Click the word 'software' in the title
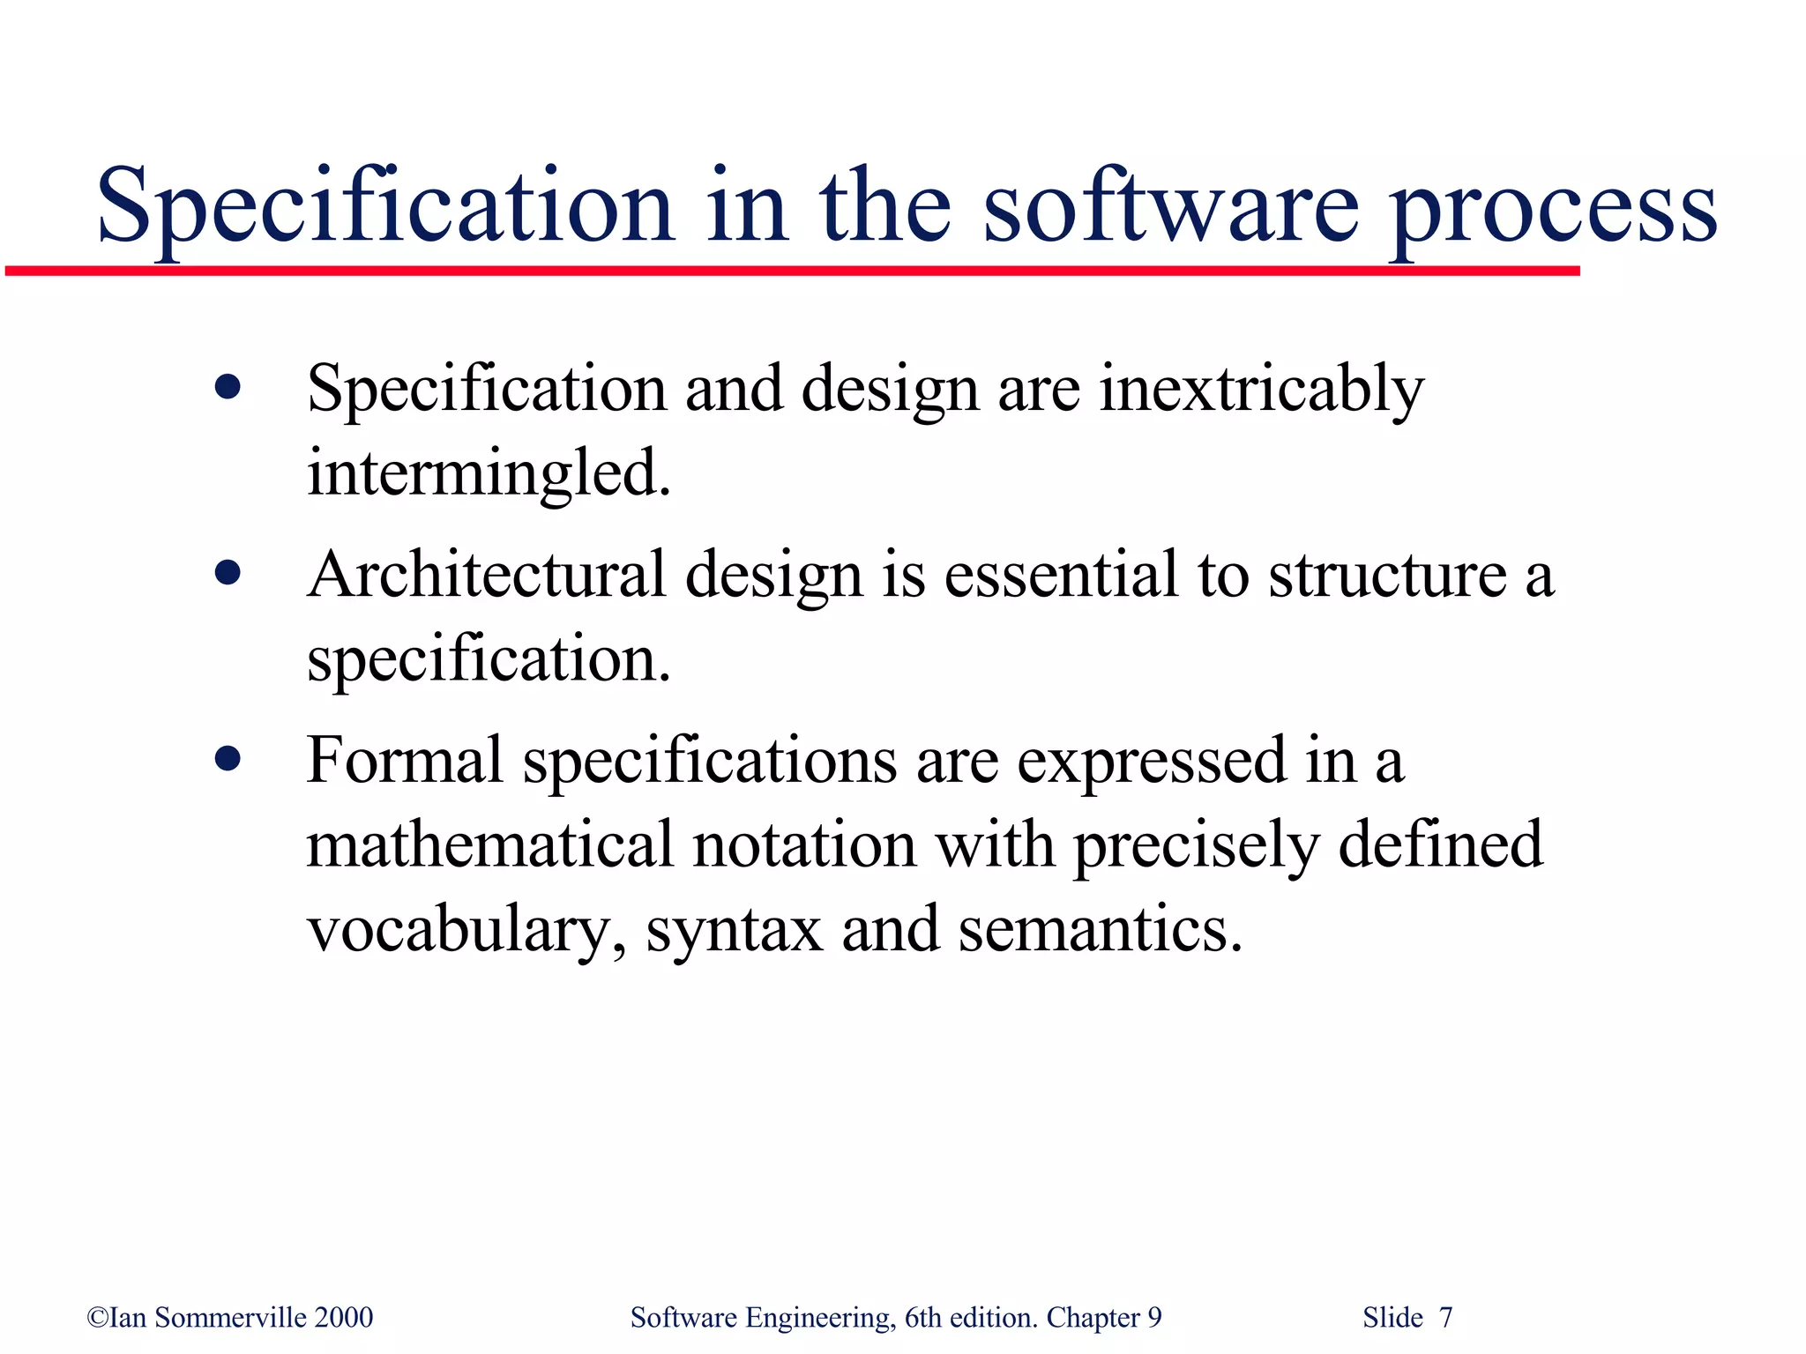point(1171,207)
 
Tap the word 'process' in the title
point(1552,212)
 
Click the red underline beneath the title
point(794,271)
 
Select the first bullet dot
point(228,388)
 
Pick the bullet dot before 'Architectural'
point(228,574)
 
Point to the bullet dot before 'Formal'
point(228,759)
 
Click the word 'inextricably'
point(1261,390)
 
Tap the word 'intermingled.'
point(489,473)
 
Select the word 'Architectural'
point(486,575)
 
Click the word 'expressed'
point(1151,763)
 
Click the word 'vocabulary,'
point(466,931)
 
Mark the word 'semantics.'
point(1100,929)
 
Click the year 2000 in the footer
point(344,1317)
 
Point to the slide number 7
point(1445,1317)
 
